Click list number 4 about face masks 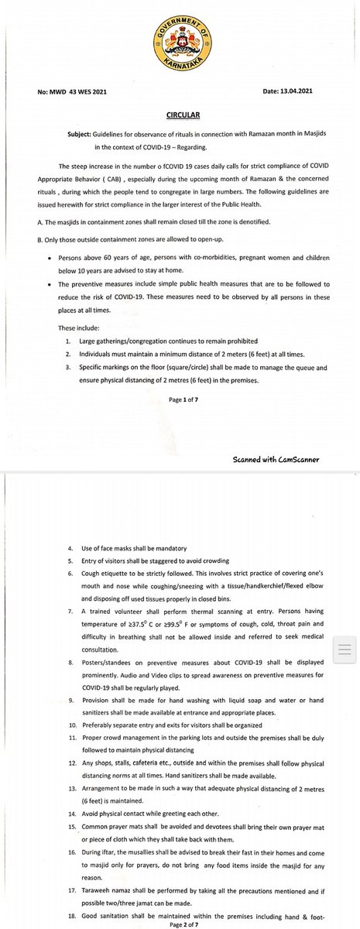[x=71, y=548]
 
